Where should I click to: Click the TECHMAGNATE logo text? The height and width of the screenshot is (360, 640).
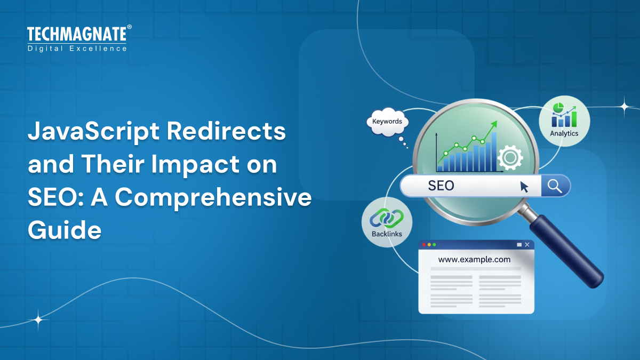point(77,35)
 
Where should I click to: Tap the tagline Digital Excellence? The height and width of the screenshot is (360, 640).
point(77,49)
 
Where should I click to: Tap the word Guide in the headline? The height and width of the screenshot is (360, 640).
point(65,230)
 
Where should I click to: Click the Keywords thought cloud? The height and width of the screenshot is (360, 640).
point(387,122)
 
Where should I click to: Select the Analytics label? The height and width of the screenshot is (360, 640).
point(564,133)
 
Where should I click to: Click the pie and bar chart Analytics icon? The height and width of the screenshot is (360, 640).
point(564,115)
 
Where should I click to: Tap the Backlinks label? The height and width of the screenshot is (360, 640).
point(387,234)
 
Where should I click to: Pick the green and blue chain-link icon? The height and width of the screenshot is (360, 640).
point(387,218)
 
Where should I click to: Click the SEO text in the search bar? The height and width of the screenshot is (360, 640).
point(441,186)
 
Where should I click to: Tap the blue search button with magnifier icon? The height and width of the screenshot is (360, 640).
point(555,186)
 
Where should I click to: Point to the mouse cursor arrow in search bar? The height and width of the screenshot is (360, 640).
point(524,186)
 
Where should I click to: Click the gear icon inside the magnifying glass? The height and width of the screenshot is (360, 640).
point(509,157)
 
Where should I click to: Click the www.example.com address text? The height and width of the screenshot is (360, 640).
point(474,260)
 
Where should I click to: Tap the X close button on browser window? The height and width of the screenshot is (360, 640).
point(527,245)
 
